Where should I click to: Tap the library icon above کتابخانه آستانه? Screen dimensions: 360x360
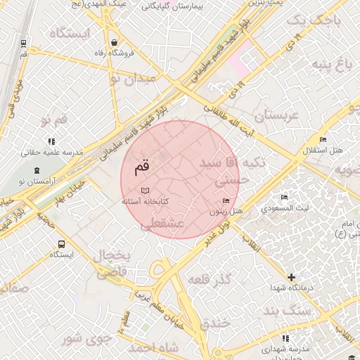coord(145,191)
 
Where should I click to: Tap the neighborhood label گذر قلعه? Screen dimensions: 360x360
coord(210,280)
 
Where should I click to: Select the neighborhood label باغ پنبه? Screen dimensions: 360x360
coord(332,65)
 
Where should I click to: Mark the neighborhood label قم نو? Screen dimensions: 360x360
coord(53,120)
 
